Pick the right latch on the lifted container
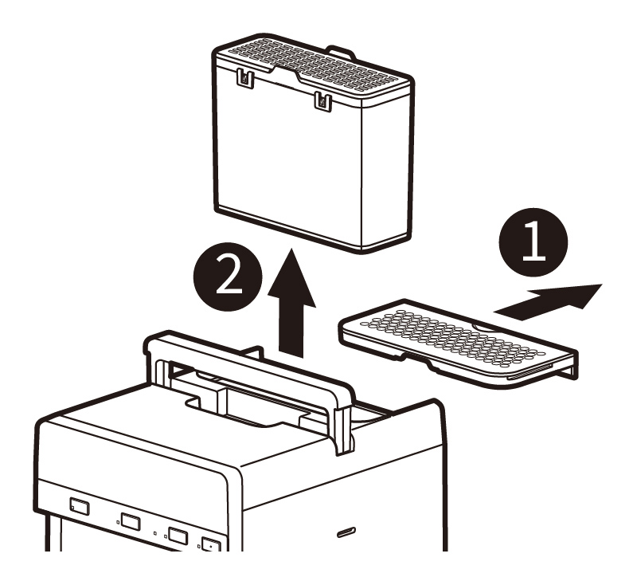coord(322,100)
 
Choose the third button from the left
coord(178,536)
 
